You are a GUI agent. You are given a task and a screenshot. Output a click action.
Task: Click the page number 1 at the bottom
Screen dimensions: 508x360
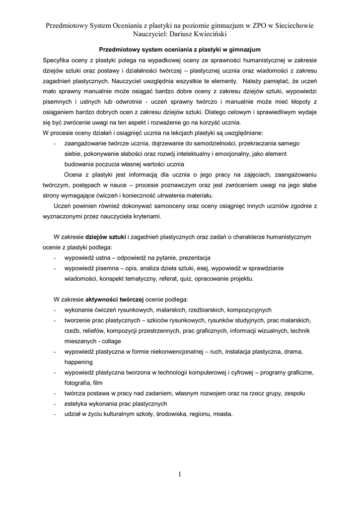180,474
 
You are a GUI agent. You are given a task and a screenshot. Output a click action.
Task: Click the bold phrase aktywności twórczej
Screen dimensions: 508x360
115,300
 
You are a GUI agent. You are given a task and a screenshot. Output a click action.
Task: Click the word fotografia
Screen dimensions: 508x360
77,382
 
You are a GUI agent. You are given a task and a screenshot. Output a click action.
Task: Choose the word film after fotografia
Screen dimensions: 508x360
97,382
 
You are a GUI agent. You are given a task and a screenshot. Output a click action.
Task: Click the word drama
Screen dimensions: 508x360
293,351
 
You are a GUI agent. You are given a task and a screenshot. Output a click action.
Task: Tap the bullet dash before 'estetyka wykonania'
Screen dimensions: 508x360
54,403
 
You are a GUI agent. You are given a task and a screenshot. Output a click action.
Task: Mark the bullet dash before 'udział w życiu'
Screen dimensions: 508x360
54,414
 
